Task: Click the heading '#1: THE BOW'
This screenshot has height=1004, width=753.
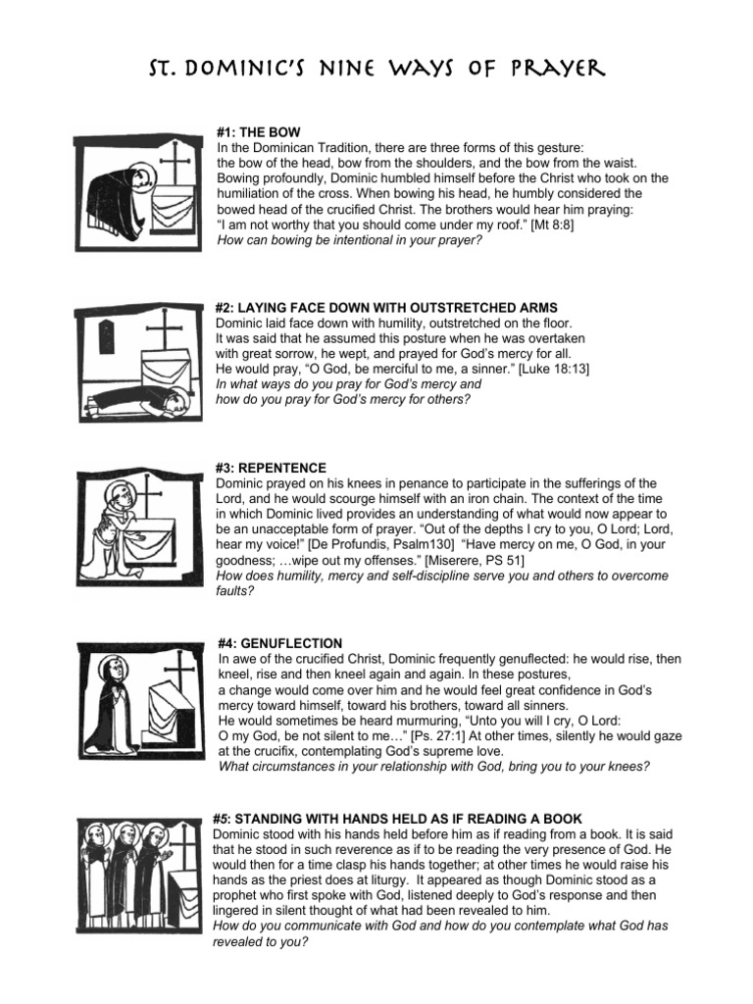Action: (x=258, y=131)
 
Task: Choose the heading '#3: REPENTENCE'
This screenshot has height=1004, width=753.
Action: (x=271, y=468)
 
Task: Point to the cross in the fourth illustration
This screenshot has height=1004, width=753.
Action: (x=180, y=671)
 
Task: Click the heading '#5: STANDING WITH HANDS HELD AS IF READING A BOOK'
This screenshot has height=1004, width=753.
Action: (x=397, y=819)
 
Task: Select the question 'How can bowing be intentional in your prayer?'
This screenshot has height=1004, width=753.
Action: (x=349, y=238)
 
